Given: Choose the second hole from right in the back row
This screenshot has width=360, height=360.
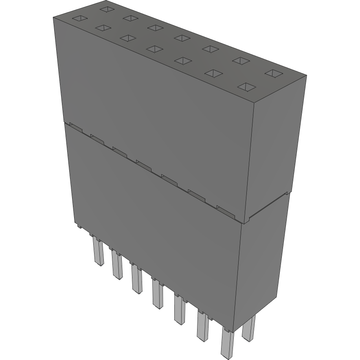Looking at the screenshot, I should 241,61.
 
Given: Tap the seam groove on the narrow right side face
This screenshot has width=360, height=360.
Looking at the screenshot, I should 269,206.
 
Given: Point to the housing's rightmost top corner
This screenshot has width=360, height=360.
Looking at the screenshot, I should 306,76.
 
